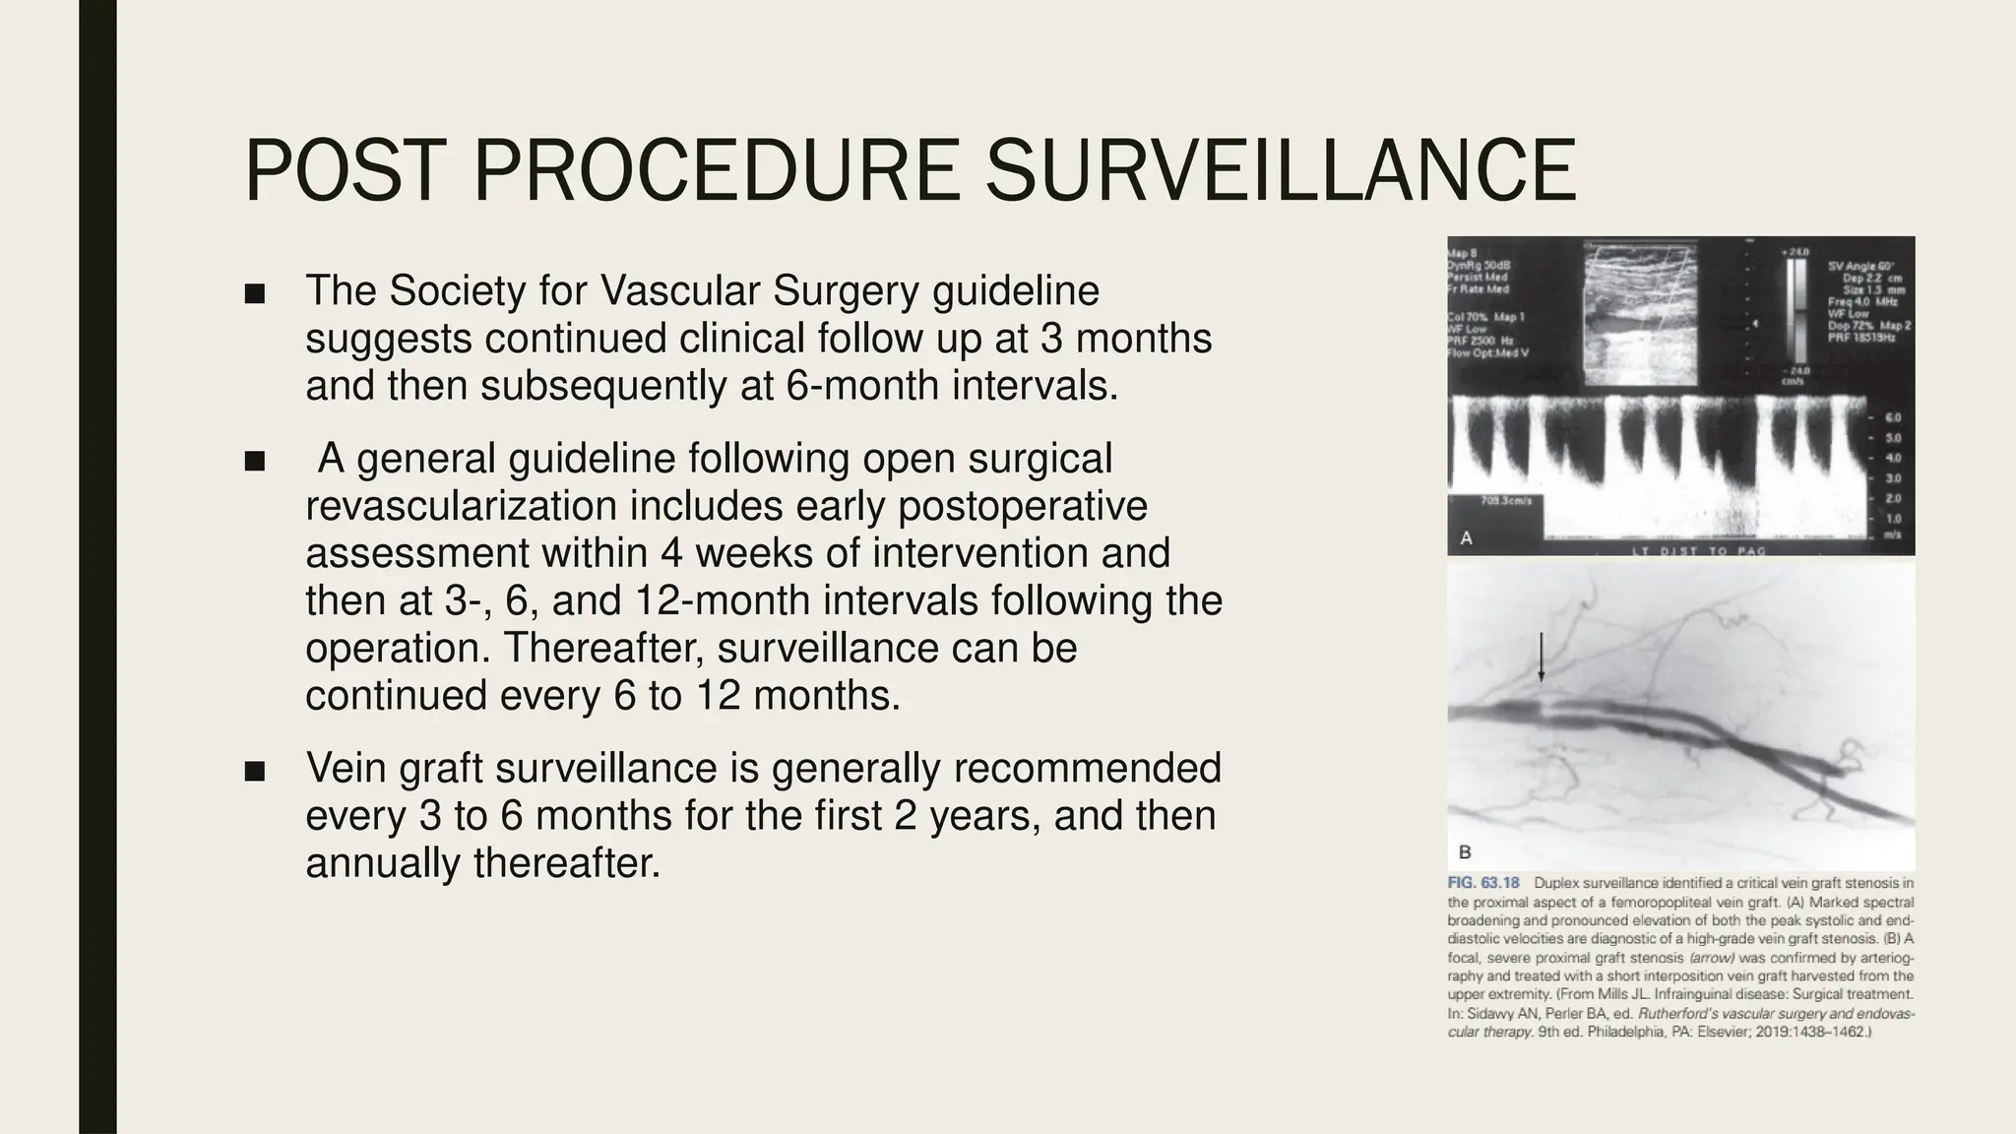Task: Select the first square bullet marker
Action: click(255, 293)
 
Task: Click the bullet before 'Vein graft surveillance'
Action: click(255, 771)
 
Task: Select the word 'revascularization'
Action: click(460, 507)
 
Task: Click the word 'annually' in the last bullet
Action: click(382, 863)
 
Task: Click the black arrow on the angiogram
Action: click(1542, 658)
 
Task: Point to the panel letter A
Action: click(1466, 538)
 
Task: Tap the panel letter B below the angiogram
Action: click(1465, 852)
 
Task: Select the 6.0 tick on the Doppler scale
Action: click(1892, 418)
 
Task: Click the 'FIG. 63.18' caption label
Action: click(1483, 883)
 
